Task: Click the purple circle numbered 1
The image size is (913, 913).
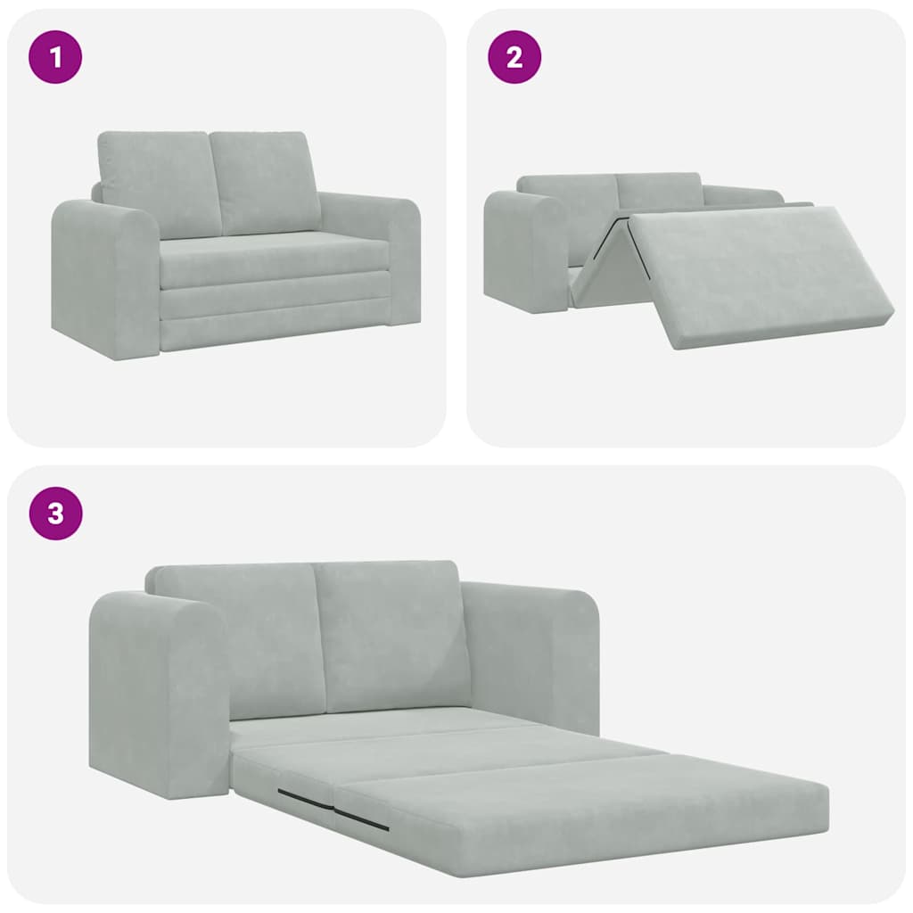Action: [56, 58]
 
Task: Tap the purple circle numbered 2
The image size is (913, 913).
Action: [514, 58]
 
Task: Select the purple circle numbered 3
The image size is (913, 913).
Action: [56, 514]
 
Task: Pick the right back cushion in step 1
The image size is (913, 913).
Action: [264, 181]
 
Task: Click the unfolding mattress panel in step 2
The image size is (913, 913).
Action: [758, 272]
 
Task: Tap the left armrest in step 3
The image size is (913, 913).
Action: [156, 695]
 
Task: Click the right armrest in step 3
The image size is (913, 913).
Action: [535, 651]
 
